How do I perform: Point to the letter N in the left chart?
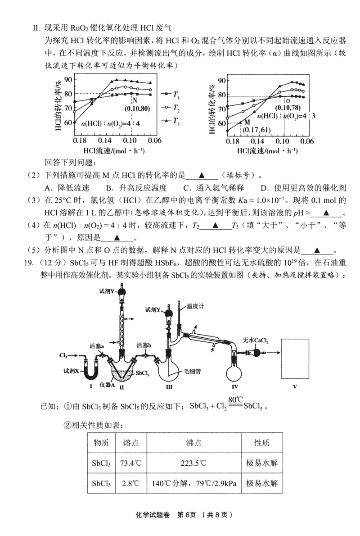pos(134,100)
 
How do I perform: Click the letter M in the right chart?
pos(247,122)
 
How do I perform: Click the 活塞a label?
pos(97,346)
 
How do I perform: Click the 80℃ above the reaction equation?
pos(235,399)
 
